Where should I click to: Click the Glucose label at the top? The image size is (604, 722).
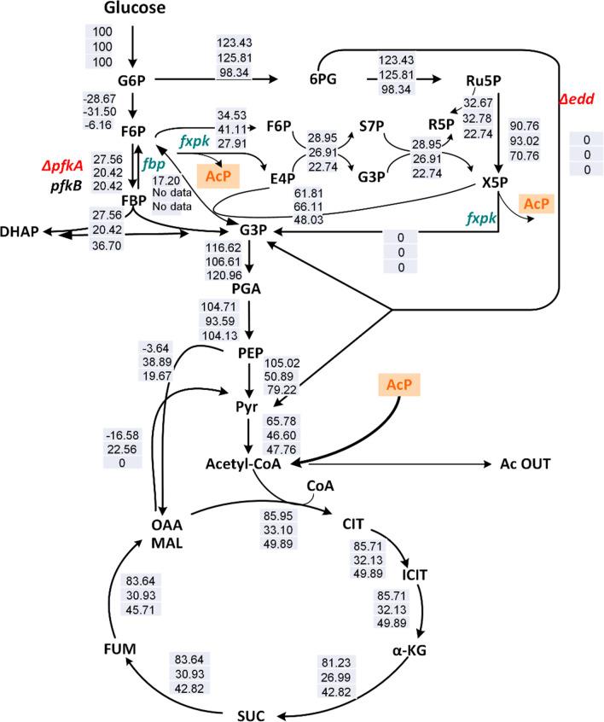pos(135,9)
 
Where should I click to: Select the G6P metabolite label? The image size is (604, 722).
pos(131,82)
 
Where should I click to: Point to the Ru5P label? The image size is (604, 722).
pos(482,82)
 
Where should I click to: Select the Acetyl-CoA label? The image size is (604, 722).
pos(245,464)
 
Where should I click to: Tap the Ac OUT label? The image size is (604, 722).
pos(522,464)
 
